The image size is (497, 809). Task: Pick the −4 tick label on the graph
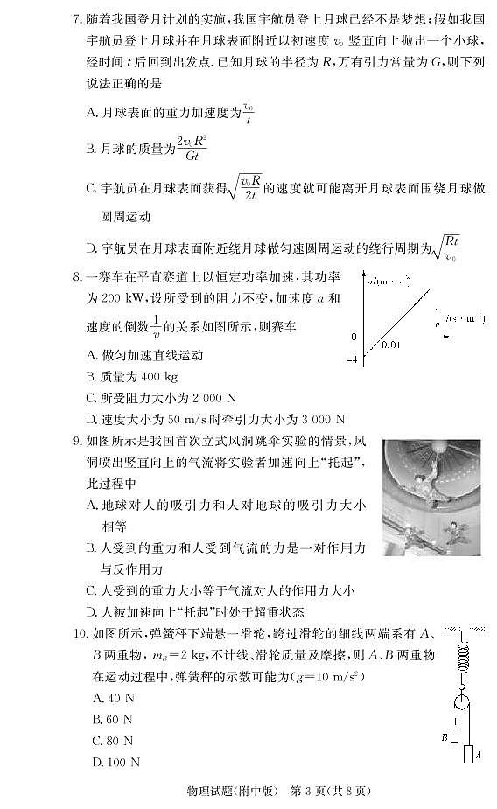tap(353, 359)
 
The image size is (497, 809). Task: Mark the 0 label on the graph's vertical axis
tap(354, 337)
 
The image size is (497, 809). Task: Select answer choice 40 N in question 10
tap(119, 697)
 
